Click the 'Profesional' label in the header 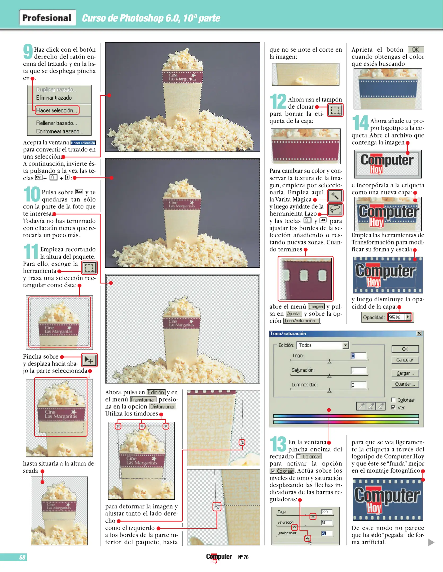tap(47, 18)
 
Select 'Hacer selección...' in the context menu tap(57, 110)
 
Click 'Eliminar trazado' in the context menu tap(54, 98)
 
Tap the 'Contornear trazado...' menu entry tap(60, 131)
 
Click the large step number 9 tap(28, 51)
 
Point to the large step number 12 tap(278, 101)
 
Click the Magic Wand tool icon tap(335, 196)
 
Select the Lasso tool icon tap(335, 210)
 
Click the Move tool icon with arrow tap(89, 360)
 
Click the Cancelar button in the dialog tap(405, 360)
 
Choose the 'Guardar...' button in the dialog tap(405, 384)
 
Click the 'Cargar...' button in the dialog tap(405, 373)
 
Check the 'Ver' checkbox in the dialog tap(393, 408)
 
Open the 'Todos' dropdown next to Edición tap(322, 345)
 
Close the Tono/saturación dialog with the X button tap(419, 333)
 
